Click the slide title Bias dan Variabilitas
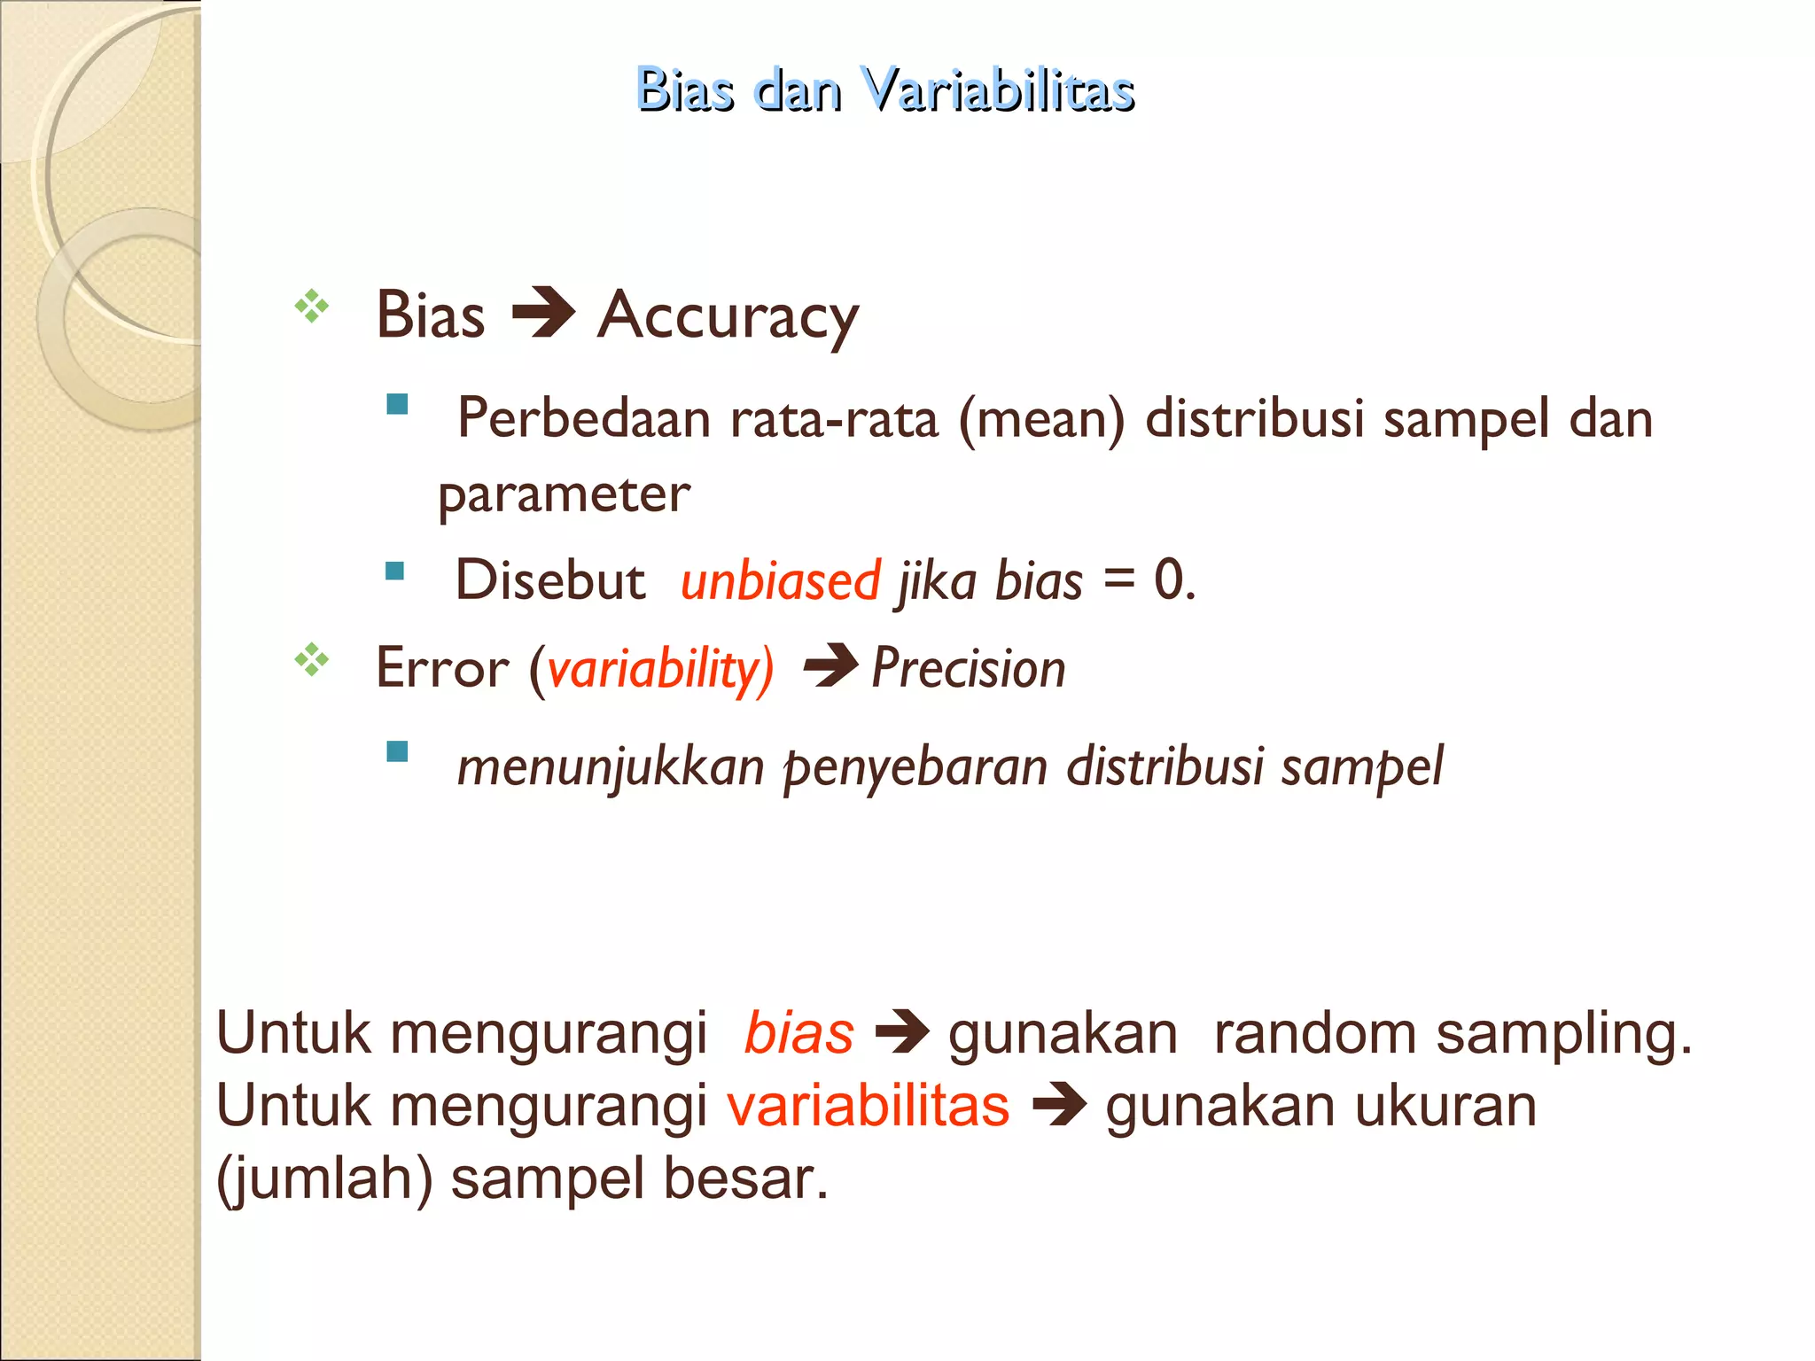pyautogui.click(x=884, y=89)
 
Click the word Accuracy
pyautogui.click(x=728, y=316)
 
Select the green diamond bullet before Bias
pyautogui.click(x=312, y=307)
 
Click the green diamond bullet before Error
pyautogui.click(x=312, y=660)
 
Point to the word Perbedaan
pyautogui.click(x=584, y=418)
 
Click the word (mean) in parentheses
pyautogui.click(x=1041, y=419)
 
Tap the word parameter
pyautogui.click(x=564, y=495)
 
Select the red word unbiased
pyautogui.click(x=780, y=581)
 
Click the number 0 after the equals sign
pyautogui.click(x=1169, y=580)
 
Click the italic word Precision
pyautogui.click(x=969, y=668)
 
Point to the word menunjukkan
pyautogui.click(x=610, y=766)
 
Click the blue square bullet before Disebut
pyautogui.click(x=395, y=571)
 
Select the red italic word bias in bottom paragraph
pyautogui.click(x=798, y=1033)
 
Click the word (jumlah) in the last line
pyautogui.click(x=324, y=1179)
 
